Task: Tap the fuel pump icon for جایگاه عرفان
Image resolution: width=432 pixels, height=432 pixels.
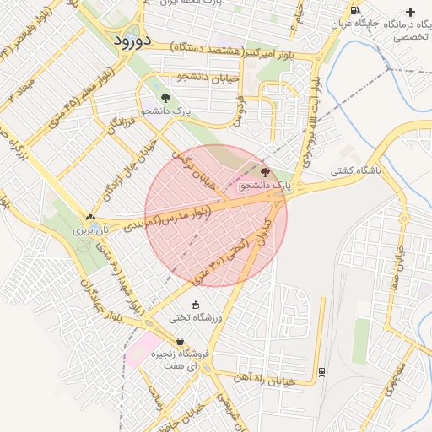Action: tap(354, 10)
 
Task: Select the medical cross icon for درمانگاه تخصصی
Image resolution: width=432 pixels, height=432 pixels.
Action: tap(411, 12)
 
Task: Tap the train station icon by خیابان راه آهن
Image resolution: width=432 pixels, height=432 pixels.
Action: tap(322, 371)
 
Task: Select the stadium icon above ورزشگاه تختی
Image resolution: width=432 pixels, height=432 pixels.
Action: tap(196, 305)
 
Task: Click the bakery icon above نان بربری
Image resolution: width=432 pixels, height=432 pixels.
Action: tap(90, 217)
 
